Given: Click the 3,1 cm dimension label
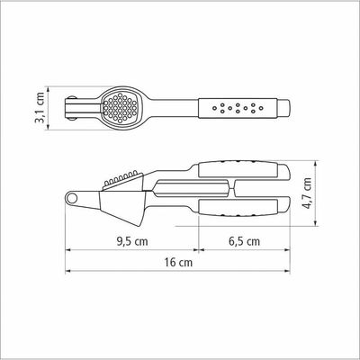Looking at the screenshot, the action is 40,107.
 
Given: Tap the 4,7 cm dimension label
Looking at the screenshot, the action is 307,193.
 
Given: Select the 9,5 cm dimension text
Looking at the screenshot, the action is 132,241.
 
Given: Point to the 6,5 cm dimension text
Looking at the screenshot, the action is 245,241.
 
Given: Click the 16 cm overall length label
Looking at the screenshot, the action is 178,263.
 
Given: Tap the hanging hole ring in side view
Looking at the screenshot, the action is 71,198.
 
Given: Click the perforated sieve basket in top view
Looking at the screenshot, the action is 120,108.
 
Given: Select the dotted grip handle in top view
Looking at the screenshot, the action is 238,108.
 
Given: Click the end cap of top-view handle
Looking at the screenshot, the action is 283,108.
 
